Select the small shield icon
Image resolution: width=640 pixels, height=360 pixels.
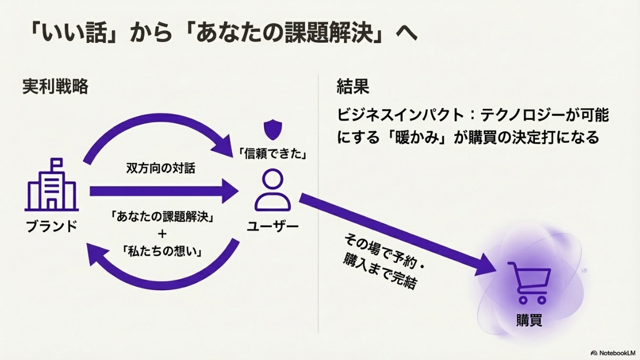coord(272,129)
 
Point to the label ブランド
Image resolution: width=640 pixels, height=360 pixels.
coord(52,227)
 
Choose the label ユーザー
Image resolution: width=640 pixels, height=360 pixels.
coord(273,227)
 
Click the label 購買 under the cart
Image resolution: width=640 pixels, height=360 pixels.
coord(529,321)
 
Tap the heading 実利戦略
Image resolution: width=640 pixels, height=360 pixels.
coord(55,86)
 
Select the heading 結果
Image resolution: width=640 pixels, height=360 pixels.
coord(353,86)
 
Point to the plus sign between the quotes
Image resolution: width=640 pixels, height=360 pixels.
coord(163,234)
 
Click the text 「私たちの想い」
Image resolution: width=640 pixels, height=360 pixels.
coord(163,251)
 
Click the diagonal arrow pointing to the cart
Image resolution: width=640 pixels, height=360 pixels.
coord(400,235)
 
